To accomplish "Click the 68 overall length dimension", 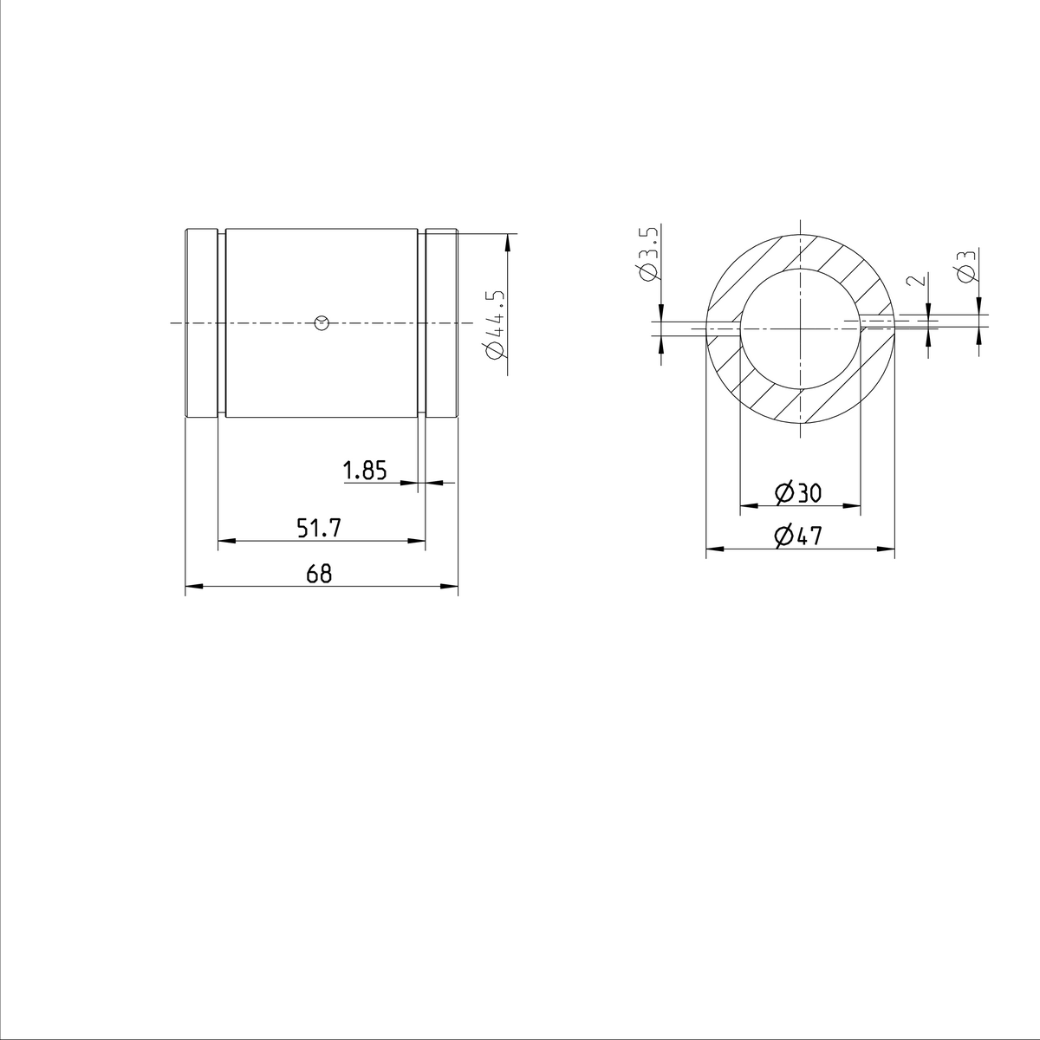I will pyautogui.click(x=319, y=574).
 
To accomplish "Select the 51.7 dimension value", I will pyautogui.click(x=319, y=528).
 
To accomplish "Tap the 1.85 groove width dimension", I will pyautogui.click(x=364, y=471).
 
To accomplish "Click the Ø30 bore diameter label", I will pyautogui.click(x=798, y=493).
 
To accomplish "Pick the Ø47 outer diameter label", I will pyautogui.click(x=798, y=536).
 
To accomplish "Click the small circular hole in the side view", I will pyautogui.click(x=322, y=323).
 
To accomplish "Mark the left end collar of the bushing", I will pyautogui.click(x=201, y=323).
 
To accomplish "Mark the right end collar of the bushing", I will pyautogui.click(x=441, y=323).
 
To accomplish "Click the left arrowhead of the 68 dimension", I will pyautogui.click(x=193, y=588).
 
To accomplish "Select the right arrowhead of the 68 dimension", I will pyautogui.click(x=450, y=588).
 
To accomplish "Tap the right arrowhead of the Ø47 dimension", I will pyautogui.click(x=887, y=549).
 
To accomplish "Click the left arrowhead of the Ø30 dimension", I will pyautogui.click(x=746, y=505).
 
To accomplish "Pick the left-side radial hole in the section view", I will pyautogui.click(x=723, y=328).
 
